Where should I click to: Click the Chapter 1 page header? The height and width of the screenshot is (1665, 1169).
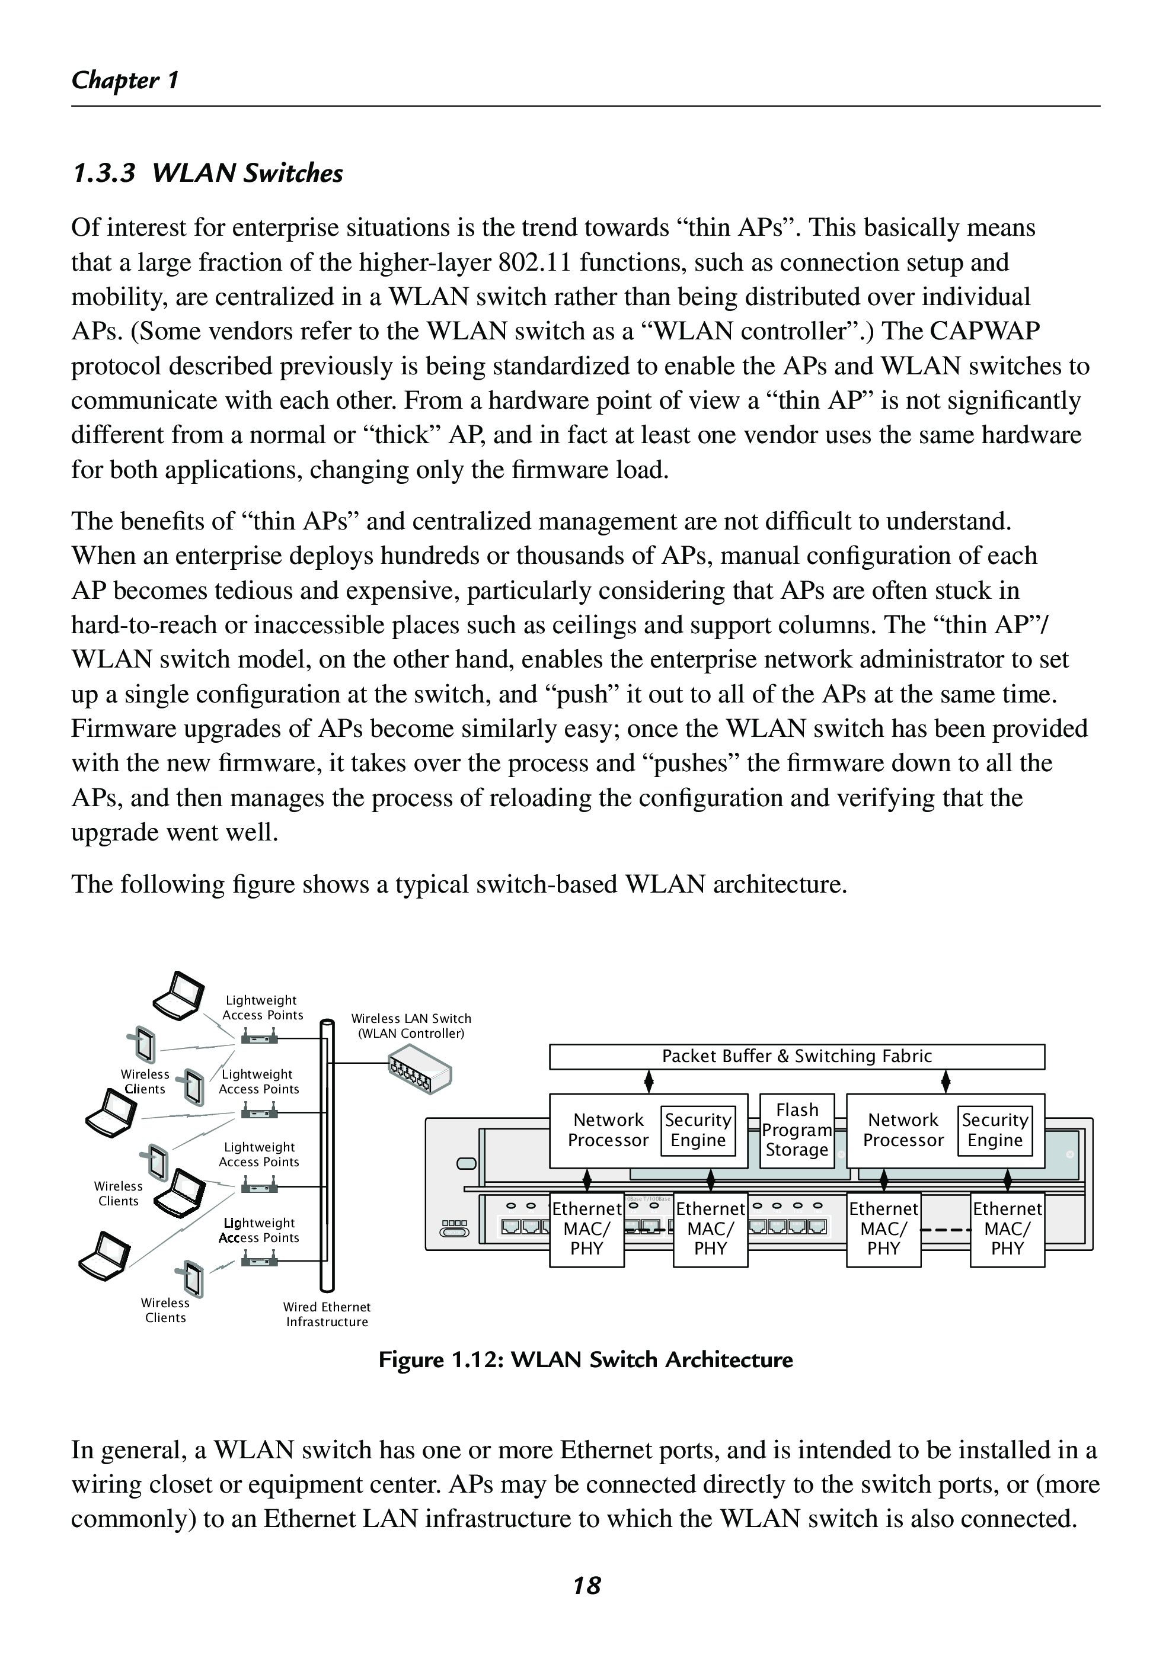pos(125,80)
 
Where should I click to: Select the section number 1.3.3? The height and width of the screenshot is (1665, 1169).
pos(104,174)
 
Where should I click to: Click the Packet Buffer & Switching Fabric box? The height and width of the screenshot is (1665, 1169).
pos(796,1057)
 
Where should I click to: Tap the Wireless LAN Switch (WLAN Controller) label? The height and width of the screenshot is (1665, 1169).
pos(411,1025)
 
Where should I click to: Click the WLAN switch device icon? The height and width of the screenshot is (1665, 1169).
pos(420,1070)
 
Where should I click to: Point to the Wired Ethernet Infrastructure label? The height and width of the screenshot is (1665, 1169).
pos(327,1314)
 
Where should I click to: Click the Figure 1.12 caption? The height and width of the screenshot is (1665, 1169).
pos(585,1360)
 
